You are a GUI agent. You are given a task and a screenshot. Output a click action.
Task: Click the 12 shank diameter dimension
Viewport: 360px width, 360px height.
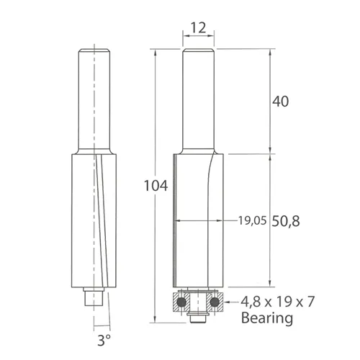point(199,28)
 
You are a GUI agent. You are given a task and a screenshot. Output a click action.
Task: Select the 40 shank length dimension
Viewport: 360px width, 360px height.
point(281,102)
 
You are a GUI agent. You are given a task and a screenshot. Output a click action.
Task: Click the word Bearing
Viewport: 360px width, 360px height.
point(267,317)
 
